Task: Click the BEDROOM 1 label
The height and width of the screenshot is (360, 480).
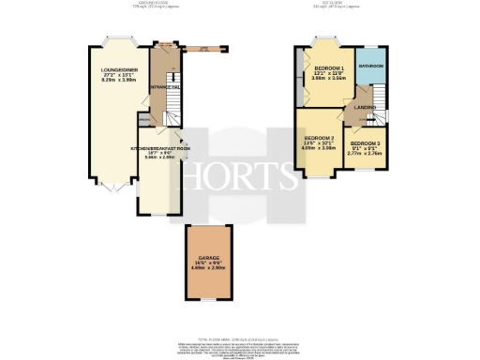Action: point(329,69)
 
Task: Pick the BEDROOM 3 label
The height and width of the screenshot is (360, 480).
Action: point(367,143)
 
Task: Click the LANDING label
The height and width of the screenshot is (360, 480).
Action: point(366,108)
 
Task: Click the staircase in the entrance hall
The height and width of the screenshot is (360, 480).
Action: point(170,111)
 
